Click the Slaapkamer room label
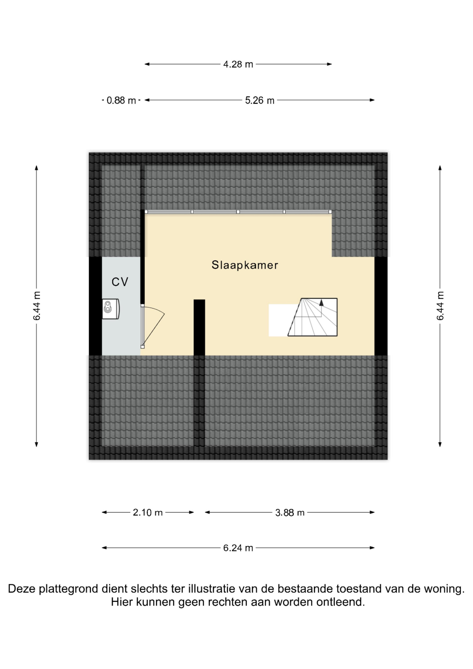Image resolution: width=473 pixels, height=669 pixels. point(245,265)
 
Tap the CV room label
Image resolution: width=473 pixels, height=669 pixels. point(120,282)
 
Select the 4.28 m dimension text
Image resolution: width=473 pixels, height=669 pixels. point(238,64)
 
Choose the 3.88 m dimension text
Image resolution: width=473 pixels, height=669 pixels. point(290,513)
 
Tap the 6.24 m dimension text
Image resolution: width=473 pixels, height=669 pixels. point(238,548)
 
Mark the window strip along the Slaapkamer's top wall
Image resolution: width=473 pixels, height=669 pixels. point(238,212)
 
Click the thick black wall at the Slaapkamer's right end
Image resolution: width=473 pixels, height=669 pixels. point(381,306)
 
